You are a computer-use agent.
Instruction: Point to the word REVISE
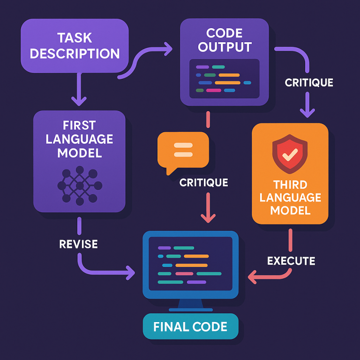79,244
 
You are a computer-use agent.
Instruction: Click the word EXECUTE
291,261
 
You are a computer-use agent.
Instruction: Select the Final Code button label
191,326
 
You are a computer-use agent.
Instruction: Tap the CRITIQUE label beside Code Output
309,82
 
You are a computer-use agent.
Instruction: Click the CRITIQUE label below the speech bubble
203,182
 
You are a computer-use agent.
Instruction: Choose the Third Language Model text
290,197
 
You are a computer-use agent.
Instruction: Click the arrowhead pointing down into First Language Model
79,100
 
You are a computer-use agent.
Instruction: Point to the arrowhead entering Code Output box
168,47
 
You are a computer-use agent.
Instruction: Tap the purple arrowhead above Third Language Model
307,112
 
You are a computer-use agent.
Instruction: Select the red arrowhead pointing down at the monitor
208,217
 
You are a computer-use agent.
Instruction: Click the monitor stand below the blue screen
191,305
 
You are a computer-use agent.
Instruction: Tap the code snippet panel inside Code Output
224,78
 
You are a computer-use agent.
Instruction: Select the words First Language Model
79,139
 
